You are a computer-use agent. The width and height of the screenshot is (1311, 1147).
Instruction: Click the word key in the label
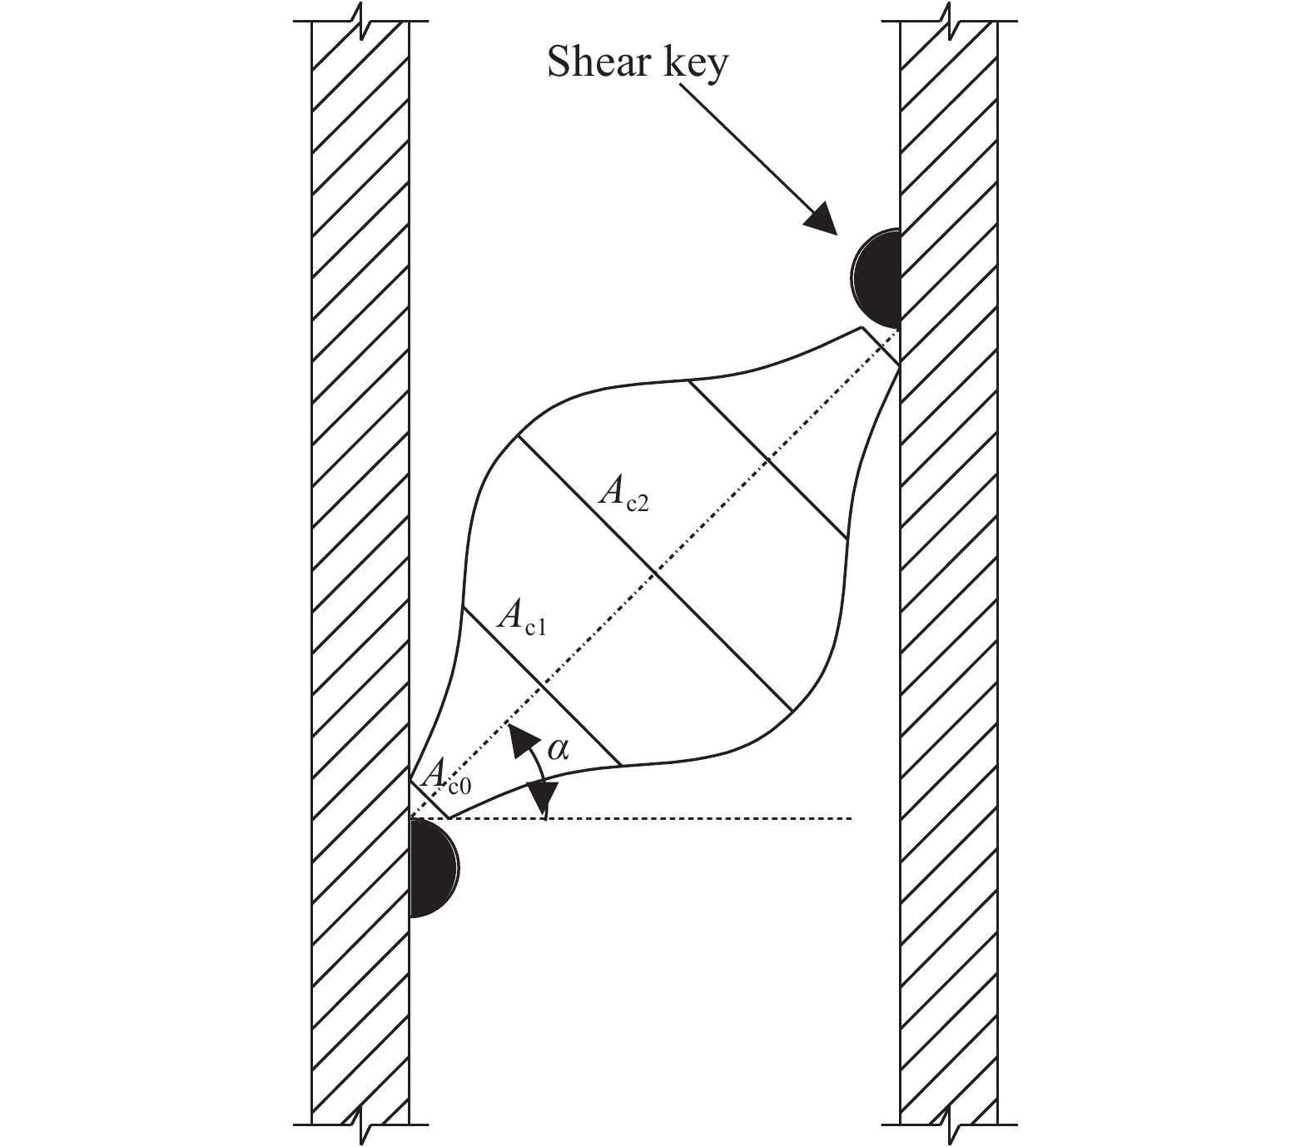point(693,64)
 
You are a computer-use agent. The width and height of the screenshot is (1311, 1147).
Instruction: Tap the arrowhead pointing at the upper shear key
point(821,217)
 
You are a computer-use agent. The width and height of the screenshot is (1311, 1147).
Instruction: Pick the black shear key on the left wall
point(434,868)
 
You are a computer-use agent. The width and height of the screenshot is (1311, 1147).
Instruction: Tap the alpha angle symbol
point(557,751)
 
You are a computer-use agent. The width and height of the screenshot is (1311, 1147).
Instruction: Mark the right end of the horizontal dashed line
point(852,818)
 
